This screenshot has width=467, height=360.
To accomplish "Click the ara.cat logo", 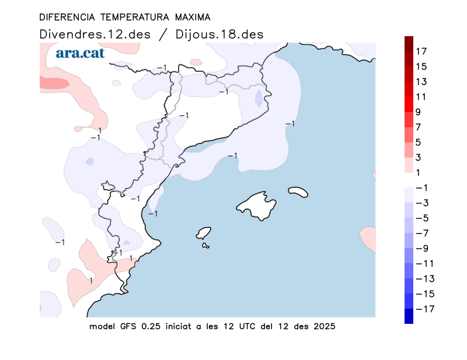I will pos(80,54).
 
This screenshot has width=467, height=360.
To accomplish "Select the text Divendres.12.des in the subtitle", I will pos(95,34).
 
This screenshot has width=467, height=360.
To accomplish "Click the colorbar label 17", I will pos(421,51).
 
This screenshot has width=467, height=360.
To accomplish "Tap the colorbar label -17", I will pos(424,309).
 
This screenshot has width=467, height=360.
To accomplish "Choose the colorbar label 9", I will pos(419,112).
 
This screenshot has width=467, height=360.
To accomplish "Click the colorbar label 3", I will pos(419,157).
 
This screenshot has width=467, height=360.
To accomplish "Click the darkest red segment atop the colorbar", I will pos(409,43).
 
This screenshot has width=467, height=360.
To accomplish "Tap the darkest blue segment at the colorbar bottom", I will pos(409,316).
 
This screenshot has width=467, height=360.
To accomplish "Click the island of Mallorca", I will pos(256,205).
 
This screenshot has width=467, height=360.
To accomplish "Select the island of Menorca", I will pos(298,191).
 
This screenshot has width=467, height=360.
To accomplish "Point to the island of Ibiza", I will pos(203,233).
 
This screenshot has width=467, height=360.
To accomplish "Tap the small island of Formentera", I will pos(206,246).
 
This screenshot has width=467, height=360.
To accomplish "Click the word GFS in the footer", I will pos(128,326).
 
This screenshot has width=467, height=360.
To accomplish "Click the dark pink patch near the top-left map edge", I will pos(53,83).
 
